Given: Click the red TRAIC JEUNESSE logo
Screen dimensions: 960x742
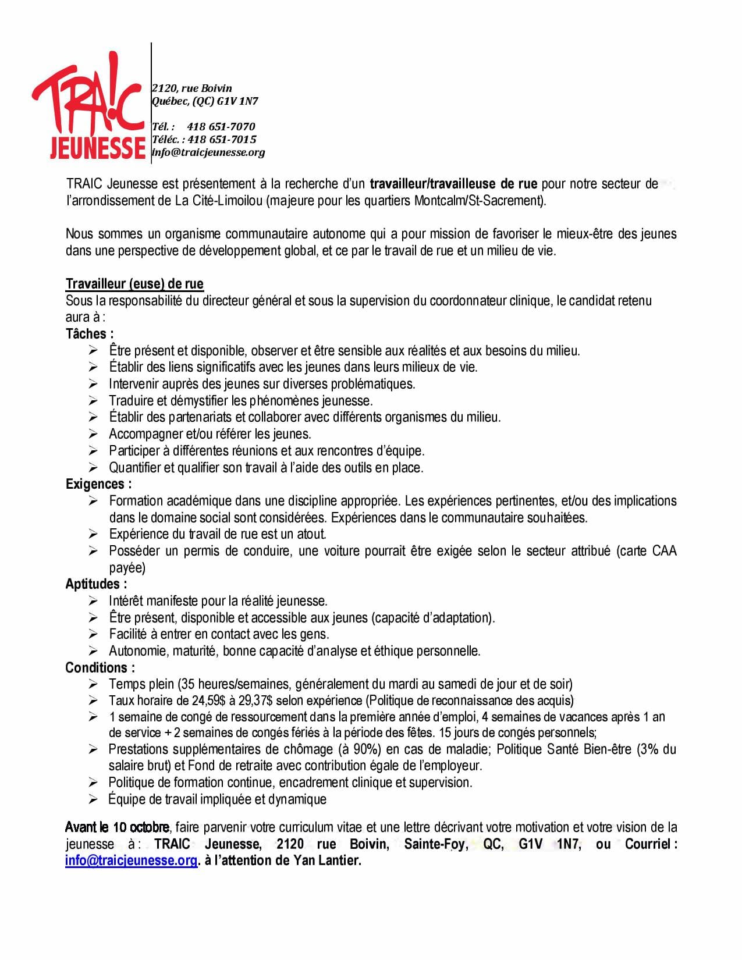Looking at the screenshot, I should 88,108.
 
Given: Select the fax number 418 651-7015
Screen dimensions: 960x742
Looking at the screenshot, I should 222,140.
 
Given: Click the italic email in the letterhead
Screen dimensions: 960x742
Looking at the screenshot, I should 208,152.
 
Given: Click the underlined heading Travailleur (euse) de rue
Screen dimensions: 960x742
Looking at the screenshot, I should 134,284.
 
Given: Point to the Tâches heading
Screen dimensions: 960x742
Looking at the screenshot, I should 89,334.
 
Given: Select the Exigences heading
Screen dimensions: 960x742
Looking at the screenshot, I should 98,484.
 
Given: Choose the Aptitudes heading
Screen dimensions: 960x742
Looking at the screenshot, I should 96,584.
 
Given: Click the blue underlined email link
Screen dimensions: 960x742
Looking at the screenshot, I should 132,861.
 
